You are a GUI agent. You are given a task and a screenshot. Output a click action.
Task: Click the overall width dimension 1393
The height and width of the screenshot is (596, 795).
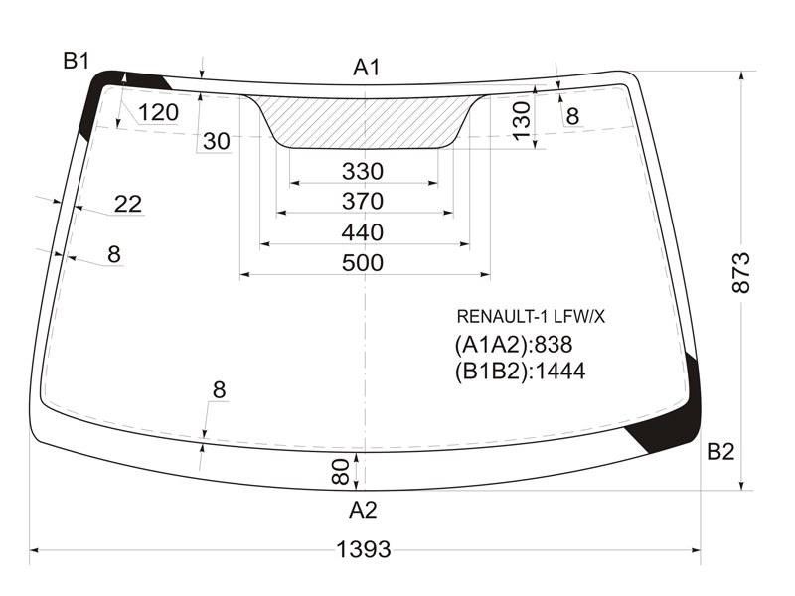pos(364,549)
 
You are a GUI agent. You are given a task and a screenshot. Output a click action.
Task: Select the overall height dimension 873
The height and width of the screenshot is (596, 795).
pos(741,272)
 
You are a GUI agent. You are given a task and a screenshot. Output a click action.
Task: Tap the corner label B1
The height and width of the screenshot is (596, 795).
pos(77,61)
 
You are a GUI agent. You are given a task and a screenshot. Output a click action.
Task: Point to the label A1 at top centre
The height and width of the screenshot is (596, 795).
pos(366,67)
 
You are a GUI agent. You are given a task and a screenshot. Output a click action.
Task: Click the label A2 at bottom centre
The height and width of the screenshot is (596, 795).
pos(363,510)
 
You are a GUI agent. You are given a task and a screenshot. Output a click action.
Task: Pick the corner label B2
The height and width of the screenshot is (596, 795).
pos(720,451)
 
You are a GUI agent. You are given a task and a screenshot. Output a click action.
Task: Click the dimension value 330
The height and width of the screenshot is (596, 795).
pos(363,171)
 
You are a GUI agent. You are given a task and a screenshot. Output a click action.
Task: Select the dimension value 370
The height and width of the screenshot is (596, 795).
pos(363,202)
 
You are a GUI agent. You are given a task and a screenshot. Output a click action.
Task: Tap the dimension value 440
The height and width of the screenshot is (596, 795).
pos(363,232)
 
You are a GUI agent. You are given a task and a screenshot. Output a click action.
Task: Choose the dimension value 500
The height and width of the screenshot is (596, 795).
pos(363,263)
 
